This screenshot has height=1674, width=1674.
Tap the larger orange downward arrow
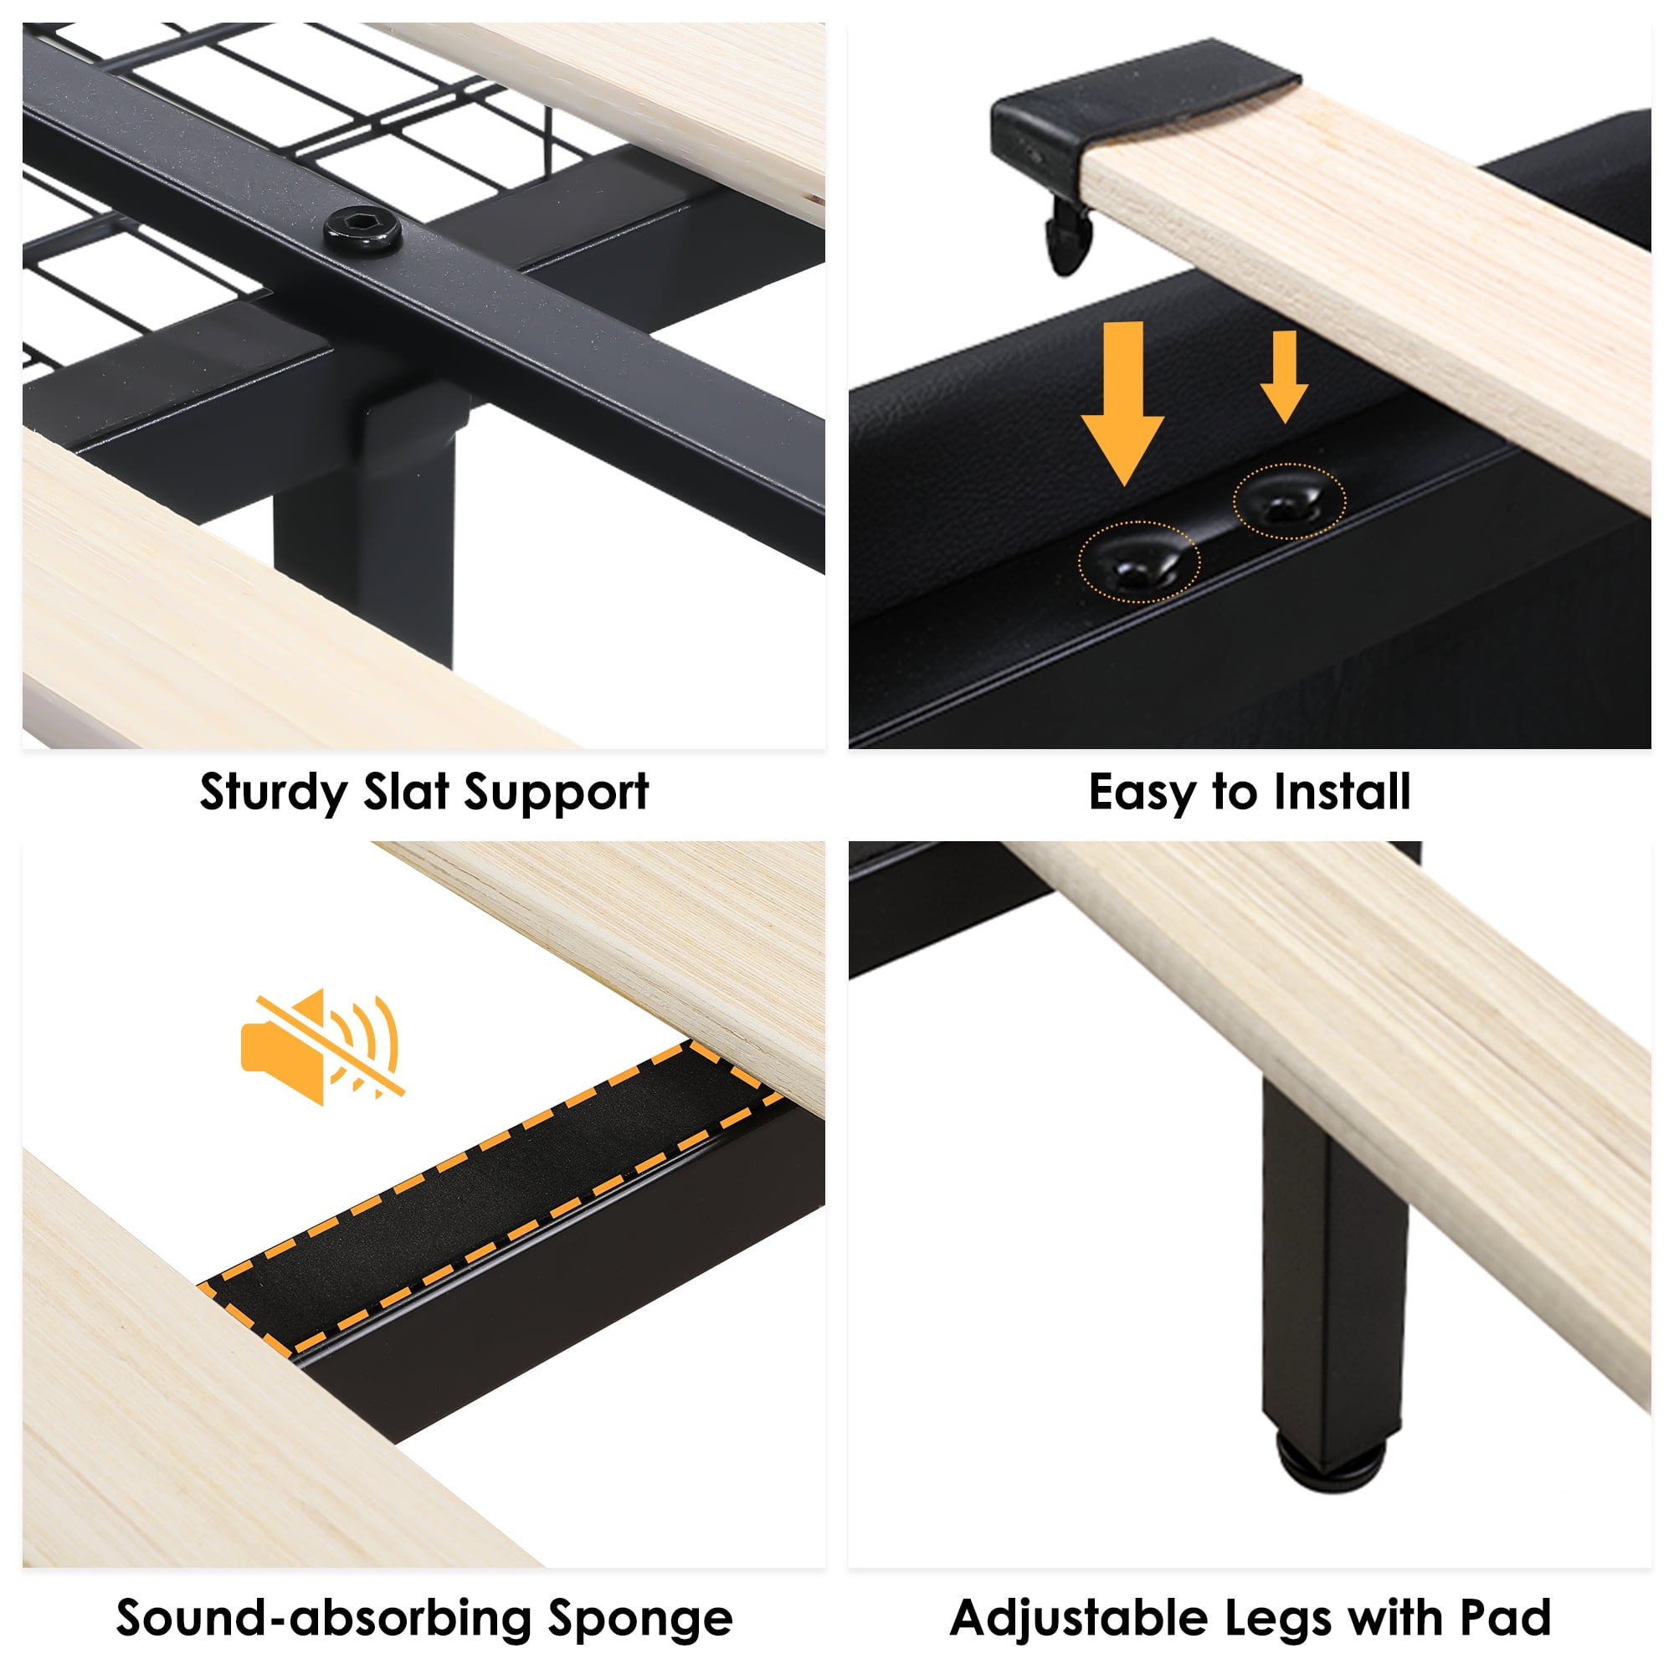tap(1124, 403)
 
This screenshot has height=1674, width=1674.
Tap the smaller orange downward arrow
tap(1284, 376)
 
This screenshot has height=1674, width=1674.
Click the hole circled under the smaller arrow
tap(1289, 501)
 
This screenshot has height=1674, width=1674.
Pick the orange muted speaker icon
tap(321, 1048)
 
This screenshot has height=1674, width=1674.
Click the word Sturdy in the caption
tap(273, 793)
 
